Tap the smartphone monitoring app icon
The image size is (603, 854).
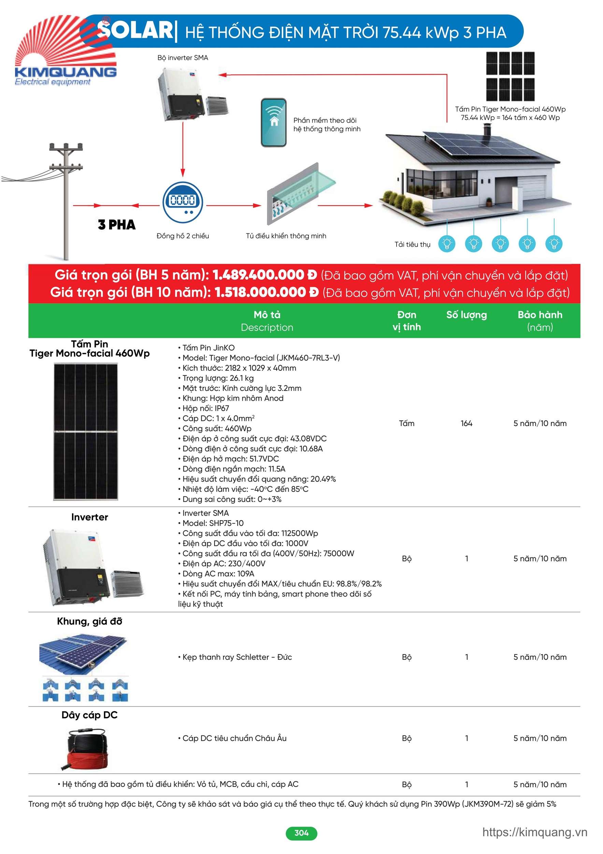[x=273, y=122]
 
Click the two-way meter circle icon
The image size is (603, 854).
[x=183, y=202]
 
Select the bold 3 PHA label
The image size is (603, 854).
[x=117, y=225]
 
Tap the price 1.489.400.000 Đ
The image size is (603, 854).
[x=264, y=275]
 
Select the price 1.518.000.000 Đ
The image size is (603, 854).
[x=267, y=292]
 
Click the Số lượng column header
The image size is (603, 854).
[x=466, y=315]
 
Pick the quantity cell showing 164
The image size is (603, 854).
[x=466, y=423]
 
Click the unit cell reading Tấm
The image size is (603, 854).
[x=406, y=423]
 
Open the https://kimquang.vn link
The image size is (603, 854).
[x=535, y=832]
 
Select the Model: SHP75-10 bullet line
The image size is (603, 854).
[x=213, y=523]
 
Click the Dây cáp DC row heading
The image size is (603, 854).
[x=89, y=715]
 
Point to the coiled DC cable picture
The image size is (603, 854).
[x=88, y=749]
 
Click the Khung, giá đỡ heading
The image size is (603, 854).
[x=89, y=621]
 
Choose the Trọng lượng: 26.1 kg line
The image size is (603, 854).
[x=218, y=378]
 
